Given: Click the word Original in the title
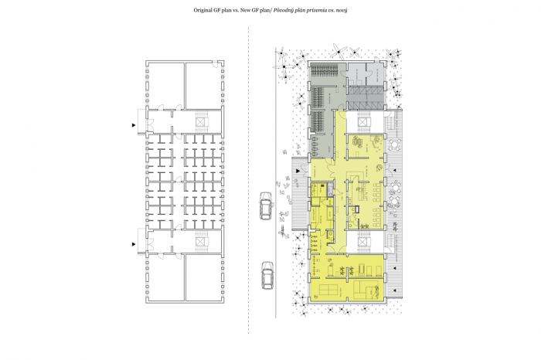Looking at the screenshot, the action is [202, 10].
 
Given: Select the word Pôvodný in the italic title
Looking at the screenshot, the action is [283, 10].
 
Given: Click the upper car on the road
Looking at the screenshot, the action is [266, 205].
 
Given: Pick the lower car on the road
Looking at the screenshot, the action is [267, 275].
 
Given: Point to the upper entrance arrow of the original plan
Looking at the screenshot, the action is [134, 125].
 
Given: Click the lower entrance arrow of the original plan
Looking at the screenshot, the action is [134, 244].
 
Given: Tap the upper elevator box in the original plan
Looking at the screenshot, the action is [200, 122].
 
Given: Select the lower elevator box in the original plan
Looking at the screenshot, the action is [200, 241].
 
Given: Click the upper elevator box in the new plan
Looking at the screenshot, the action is [362, 122].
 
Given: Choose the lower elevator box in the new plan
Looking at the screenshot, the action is [362, 241].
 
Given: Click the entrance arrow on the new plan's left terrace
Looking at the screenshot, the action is [298, 171].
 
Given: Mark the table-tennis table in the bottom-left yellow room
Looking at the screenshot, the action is [328, 290].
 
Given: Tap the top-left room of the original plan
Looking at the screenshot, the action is [165, 85].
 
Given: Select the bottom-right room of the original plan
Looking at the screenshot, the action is [203, 277].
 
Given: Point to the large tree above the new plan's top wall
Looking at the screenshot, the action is [339, 52].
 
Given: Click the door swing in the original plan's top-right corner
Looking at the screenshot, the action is [215, 64].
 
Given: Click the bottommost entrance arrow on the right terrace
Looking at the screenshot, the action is [396, 290].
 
